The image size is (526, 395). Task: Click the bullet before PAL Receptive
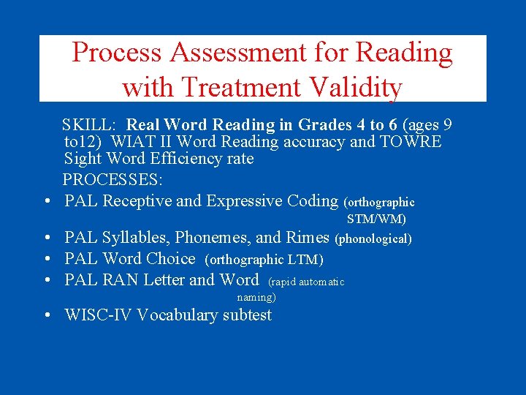point(45,201)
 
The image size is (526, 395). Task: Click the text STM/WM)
point(376,219)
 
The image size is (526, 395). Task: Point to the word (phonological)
point(373,238)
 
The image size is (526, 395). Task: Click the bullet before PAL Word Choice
point(45,259)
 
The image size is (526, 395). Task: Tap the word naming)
point(256,298)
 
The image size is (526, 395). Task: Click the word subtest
point(246,315)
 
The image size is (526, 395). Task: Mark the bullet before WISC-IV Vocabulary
point(45,316)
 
